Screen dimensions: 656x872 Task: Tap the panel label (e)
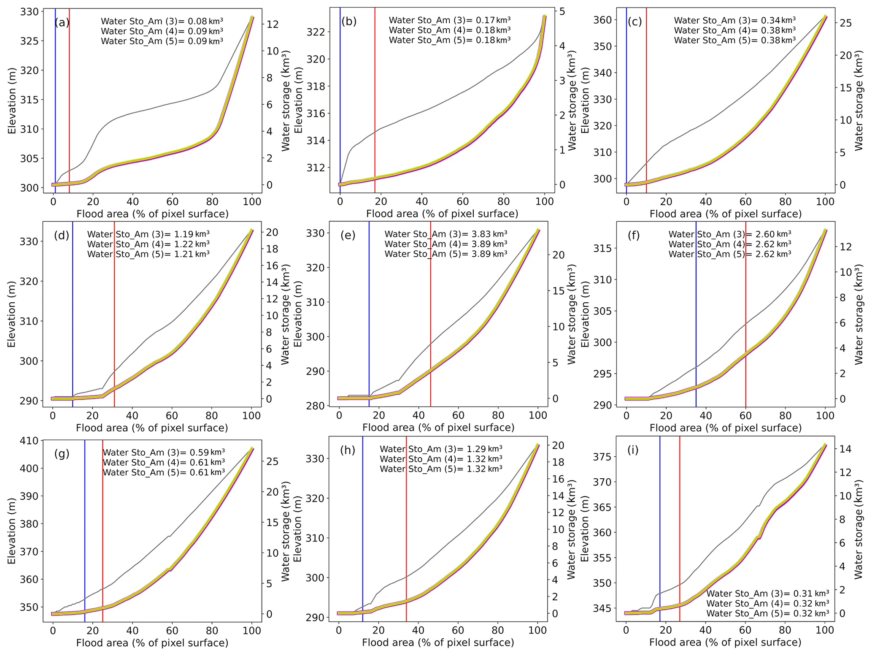[x=348, y=236]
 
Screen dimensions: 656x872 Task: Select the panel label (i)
[x=633, y=450]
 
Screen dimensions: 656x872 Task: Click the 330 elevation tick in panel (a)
[x=29, y=12]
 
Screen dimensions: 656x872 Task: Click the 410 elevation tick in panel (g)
[x=29, y=441]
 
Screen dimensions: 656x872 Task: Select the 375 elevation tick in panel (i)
[x=602, y=457]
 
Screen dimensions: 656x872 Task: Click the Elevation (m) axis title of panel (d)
[x=11, y=314]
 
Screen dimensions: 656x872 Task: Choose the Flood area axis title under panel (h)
[x=438, y=642]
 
